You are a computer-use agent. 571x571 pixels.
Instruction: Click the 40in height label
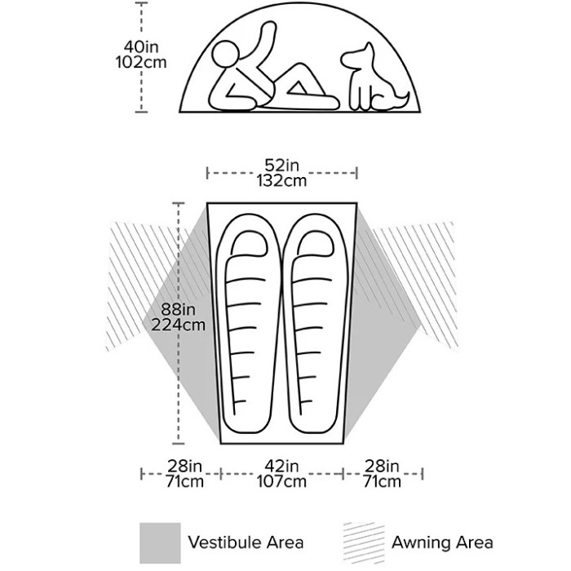point(141,47)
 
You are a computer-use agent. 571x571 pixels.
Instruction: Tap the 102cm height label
point(141,62)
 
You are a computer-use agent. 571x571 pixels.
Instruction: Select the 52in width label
point(282,166)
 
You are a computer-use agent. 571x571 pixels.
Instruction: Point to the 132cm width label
point(282,180)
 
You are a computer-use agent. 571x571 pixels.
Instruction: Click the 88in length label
point(179,309)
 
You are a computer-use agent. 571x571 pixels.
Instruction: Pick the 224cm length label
point(179,325)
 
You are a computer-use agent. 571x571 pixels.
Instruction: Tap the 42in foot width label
point(282,466)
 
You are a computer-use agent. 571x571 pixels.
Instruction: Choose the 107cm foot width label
point(282,481)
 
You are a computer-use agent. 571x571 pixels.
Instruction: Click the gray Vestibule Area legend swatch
point(160,543)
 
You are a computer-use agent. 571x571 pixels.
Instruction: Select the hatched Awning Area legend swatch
point(364,543)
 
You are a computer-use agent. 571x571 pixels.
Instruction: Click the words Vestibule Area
point(246,542)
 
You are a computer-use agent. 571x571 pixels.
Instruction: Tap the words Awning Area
point(442,542)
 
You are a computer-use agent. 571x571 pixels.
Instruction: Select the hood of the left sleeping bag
point(249,243)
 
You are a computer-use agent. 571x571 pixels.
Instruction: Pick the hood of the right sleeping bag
point(316,243)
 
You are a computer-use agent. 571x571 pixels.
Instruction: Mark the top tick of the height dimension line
point(141,3)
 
